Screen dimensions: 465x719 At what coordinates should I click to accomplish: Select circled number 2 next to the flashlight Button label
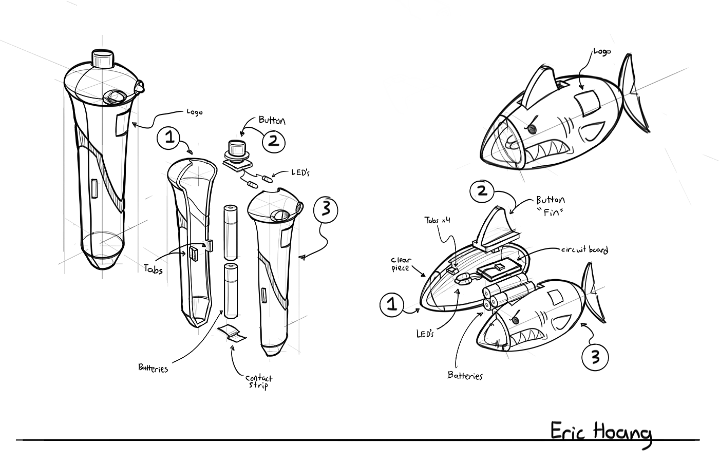pos(274,140)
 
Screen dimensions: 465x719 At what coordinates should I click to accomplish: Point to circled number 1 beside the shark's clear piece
pos(392,305)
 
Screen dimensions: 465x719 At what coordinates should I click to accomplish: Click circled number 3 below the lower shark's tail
pos(595,356)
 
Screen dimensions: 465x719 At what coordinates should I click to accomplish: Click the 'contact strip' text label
pos(259,381)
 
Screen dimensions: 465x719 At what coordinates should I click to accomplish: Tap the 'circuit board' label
pos(584,250)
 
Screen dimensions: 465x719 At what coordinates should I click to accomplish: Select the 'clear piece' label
pos(401,264)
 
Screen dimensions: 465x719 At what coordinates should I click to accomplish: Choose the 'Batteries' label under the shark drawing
pos(465,376)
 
